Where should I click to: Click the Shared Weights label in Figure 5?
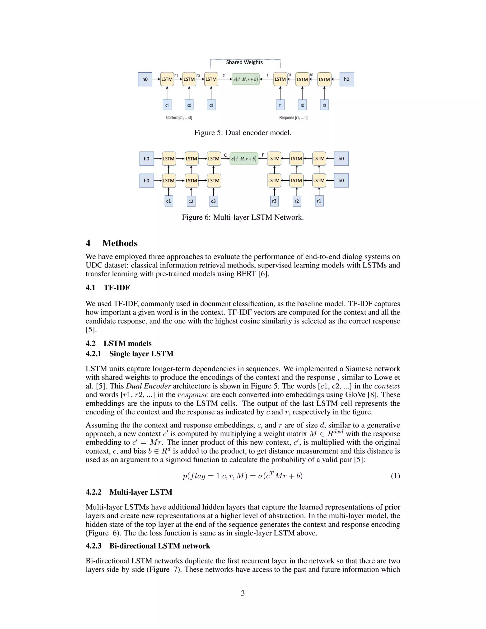pos(244,62)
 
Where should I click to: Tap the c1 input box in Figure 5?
pos(167,105)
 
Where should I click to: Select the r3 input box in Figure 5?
pos(324,105)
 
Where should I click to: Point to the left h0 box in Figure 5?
pos(145,79)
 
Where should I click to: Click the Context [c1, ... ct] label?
pos(179,117)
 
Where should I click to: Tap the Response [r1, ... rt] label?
pos(293,117)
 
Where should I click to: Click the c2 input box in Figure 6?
pos(191,201)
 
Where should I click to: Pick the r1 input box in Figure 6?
pos(319,201)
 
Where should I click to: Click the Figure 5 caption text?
pos(243,133)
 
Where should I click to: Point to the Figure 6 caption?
pos(243,217)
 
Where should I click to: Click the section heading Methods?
pos(120,243)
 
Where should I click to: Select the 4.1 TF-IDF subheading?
pos(108,287)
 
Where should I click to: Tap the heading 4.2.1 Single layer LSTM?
pos(130,354)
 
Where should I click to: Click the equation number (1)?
pos(395,476)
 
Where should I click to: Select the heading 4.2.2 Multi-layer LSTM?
pos(129,492)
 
